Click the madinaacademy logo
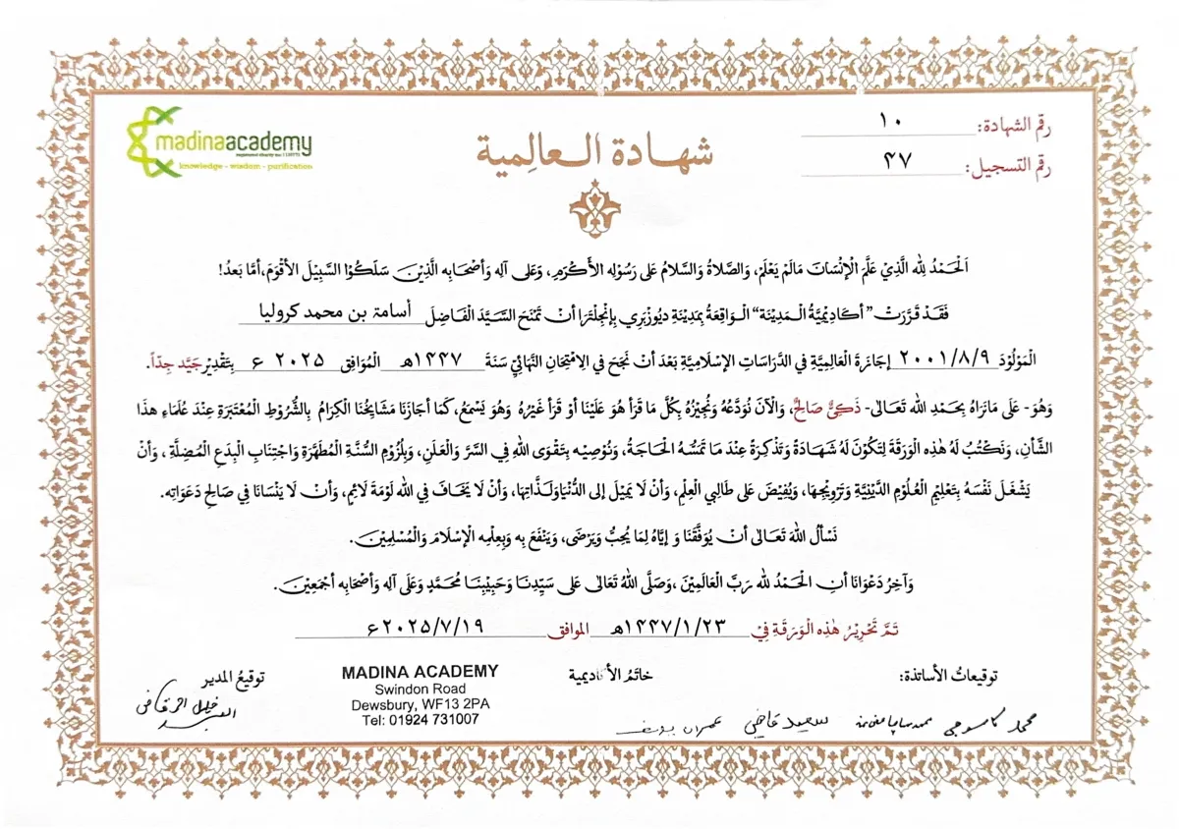click(219, 144)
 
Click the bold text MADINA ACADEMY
click(420, 672)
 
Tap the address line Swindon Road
click(420, 690)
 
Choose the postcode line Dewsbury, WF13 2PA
click(420, 704)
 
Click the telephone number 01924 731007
click(420, 720)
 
